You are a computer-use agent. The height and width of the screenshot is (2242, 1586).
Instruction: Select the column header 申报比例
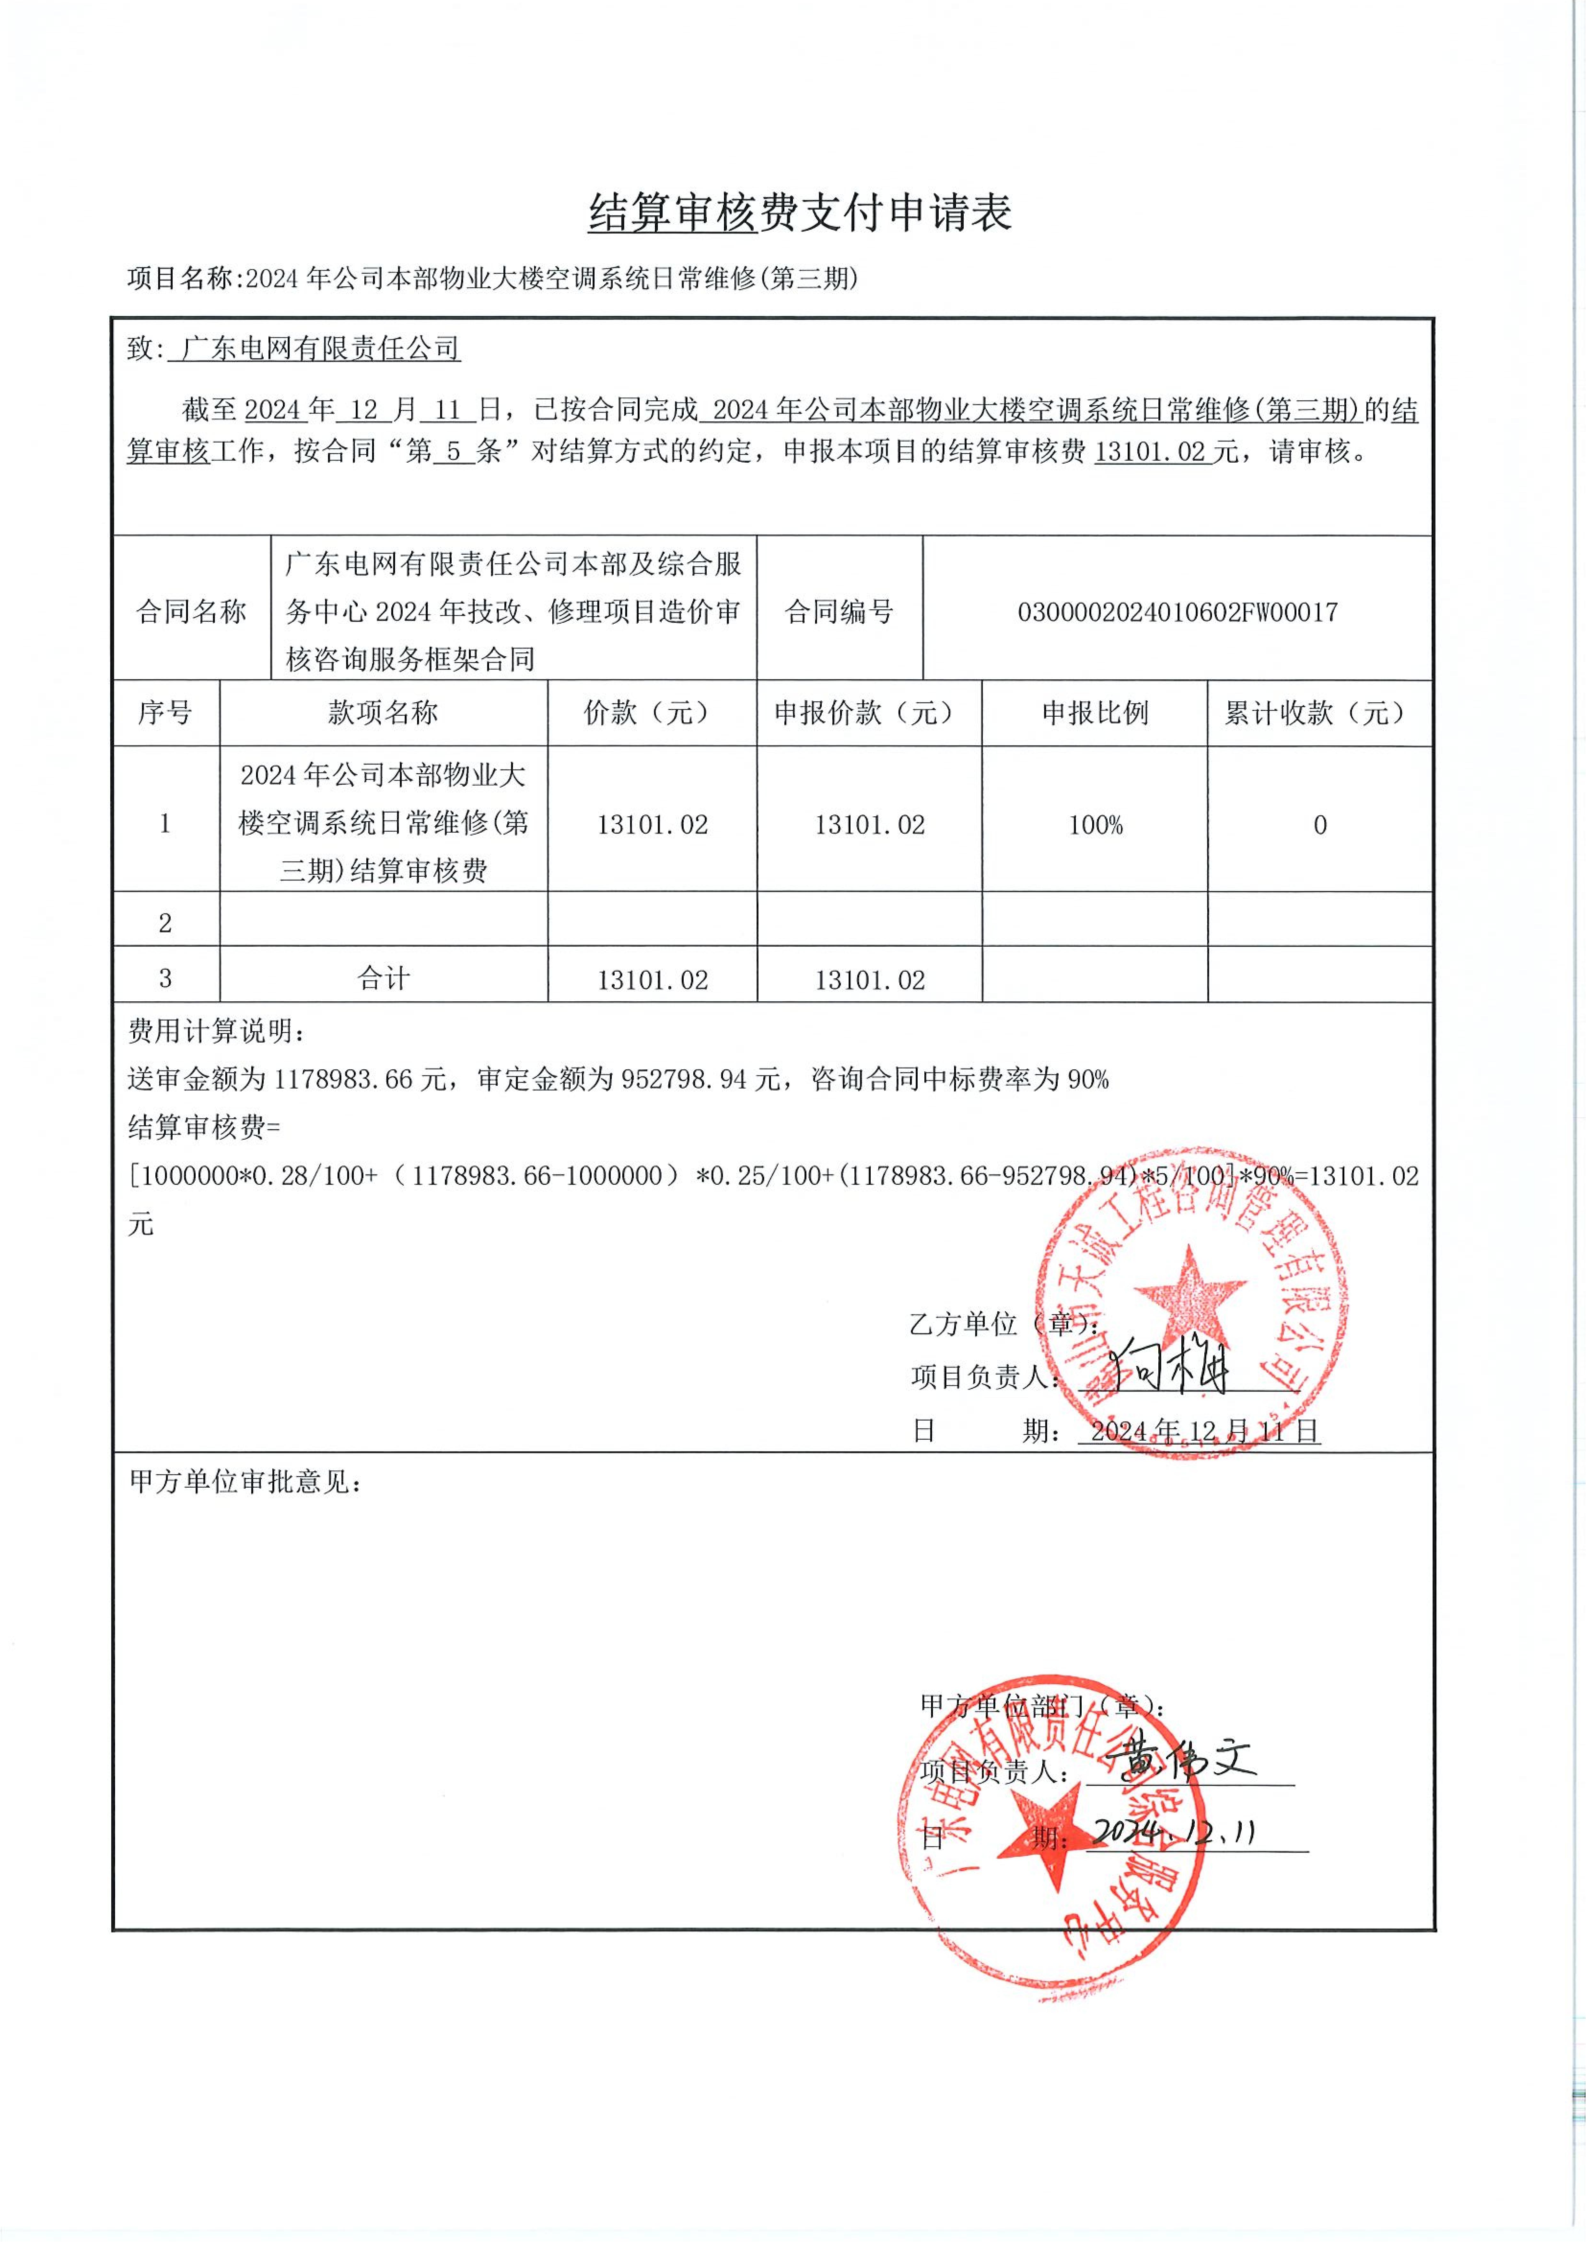click(x=1095, y=713)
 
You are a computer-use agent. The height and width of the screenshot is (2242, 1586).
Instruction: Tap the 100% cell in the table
click(x=1095, y=825)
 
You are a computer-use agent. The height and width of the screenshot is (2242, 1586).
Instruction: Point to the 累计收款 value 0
click(x=1319, y=825)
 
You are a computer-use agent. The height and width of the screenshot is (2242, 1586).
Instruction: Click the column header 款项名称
click(x=383, y=713)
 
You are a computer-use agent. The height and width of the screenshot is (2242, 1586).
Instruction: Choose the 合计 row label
click(x=383, y=978)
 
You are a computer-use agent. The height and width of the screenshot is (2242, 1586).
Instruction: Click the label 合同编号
click(x=839, y=612)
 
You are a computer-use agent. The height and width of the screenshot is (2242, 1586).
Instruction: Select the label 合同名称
click(x=191, y=612)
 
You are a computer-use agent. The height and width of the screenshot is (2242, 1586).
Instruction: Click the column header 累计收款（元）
click(x=1319, y=713)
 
